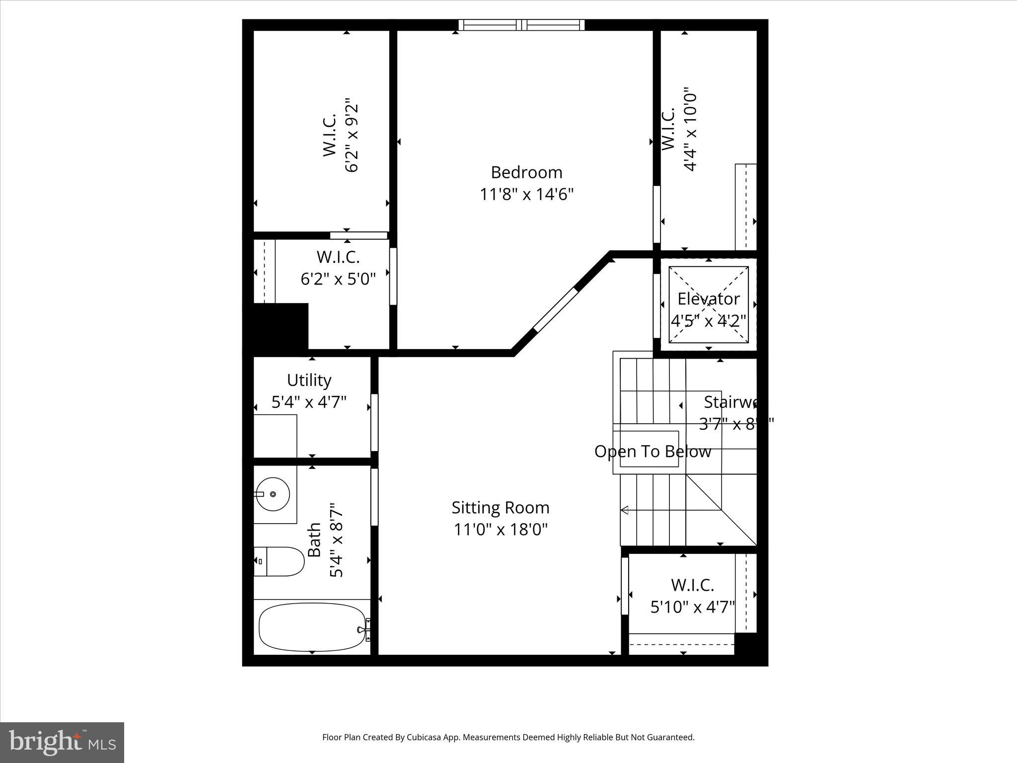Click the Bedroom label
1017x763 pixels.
tap(526, 172)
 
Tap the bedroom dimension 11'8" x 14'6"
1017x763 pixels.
tap(526, 194)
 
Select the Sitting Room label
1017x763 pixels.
tap(500, 508)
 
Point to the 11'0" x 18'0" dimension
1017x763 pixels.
tap(500, 530)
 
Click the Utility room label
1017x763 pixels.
tap(309, 380)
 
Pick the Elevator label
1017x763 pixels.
tap(708, 299)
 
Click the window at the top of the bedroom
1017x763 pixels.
tap(521, 25)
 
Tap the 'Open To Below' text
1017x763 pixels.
tap(653, 452)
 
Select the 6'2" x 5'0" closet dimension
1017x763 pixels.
tap(338, 279)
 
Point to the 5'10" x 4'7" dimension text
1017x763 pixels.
tap(692, 607)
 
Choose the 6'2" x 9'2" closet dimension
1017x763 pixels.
tap(351, 135)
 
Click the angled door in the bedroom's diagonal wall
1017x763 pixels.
tap(556, 309)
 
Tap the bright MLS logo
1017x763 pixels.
tap(62, 742)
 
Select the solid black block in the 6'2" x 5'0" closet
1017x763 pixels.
tap(276, 327)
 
